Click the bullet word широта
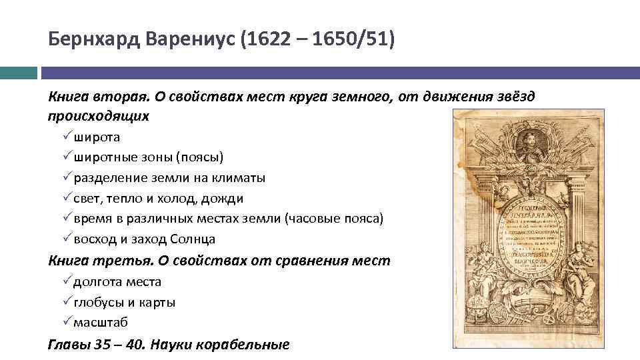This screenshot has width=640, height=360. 97,137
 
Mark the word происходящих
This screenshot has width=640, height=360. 99,116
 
